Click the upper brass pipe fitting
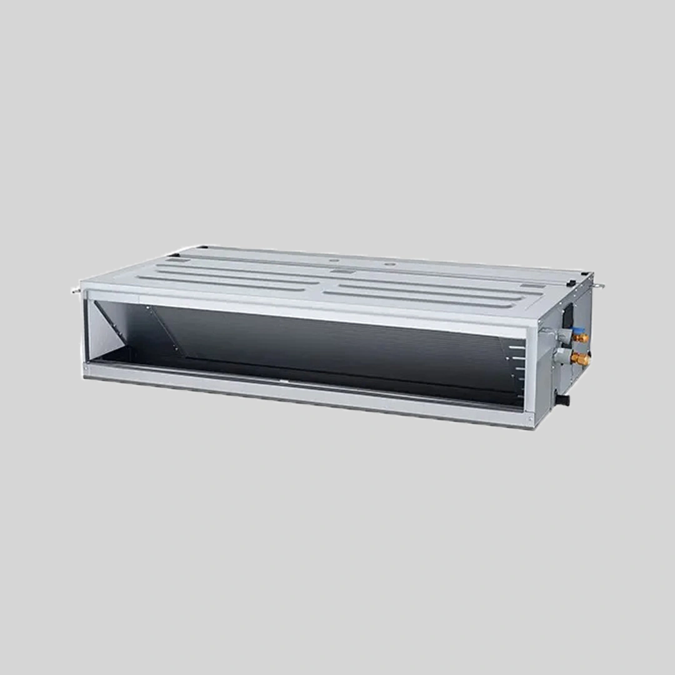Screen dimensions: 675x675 click(582, 338)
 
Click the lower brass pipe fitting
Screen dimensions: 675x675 click(582, 359)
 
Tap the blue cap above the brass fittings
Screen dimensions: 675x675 click(578, 331)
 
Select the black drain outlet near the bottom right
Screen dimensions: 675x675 click(562, 397)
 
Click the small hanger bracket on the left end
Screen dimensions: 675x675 click(76, 290)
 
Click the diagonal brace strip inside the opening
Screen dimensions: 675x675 click(166, 329)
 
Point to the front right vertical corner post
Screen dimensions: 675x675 click(531, 375)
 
